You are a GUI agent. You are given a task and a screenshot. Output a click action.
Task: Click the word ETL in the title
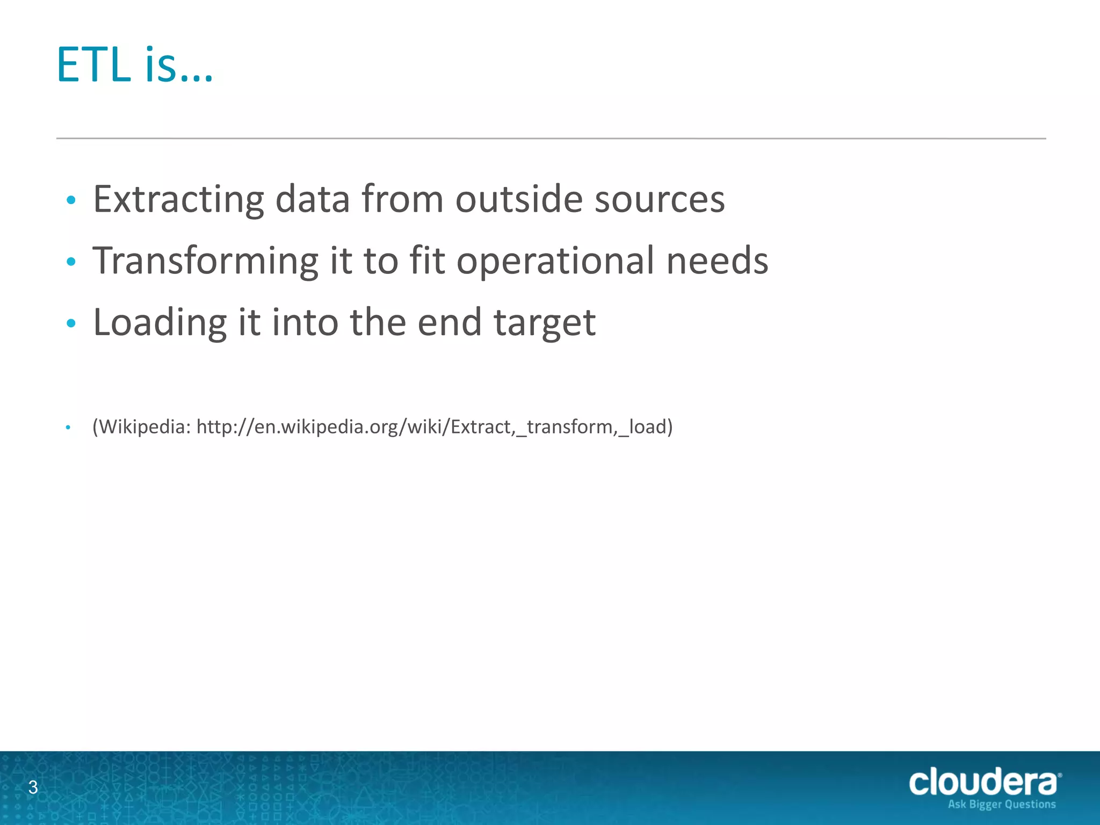(x=94, y=66)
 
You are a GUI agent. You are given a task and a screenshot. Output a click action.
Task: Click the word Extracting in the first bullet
(x=178, y=200)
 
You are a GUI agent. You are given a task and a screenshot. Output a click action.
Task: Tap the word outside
(x=519, y=200)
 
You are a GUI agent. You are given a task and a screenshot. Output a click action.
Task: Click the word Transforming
(x=206, y=262)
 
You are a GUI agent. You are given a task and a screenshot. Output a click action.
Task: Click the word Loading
(x=160, y=323)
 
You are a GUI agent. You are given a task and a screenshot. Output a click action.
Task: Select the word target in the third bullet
(x=544, y=323)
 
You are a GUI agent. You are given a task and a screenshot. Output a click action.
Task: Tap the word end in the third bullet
(x=449, y=323)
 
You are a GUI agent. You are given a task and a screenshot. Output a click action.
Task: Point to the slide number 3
(x=33, y=787)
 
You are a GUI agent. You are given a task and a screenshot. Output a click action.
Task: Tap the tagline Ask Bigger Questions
(x=1001, y=805)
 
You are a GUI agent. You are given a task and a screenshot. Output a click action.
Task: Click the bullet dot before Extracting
(x=71, y=201)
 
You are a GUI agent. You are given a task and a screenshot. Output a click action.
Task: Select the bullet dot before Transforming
(x=71, y=262)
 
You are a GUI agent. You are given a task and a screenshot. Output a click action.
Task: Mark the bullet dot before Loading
(x=71, y=323)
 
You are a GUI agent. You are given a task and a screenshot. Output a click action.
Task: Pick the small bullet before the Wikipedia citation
(x=68, y=428)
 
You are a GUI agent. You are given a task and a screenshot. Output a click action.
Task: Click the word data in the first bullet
(x=312, y=200)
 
